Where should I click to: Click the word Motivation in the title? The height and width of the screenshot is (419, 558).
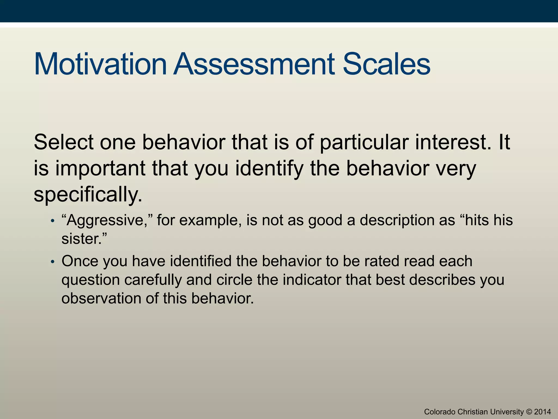point(100,64)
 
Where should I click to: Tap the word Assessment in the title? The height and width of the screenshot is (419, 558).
point(254,64)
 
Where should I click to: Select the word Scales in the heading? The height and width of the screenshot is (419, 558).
point(386,64)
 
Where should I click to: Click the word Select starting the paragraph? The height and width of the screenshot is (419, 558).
point(63,142)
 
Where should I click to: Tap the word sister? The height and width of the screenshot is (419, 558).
point(82,239)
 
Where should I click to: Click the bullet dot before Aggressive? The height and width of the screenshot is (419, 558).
point(53,221)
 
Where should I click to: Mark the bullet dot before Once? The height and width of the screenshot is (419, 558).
point(53,262)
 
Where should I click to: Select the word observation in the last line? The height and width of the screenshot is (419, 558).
point(101,298)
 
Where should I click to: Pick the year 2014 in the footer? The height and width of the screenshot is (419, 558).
point(543,412)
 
